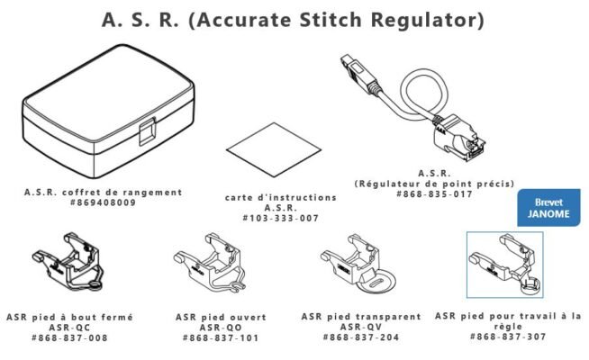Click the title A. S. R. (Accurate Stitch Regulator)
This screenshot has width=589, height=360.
point(294,19)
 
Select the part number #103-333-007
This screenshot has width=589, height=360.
point(280,218)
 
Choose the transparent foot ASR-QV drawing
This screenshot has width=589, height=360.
point(358,263)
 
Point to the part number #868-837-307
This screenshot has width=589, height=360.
point(508,337)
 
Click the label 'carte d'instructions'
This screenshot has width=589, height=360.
point(280,196)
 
